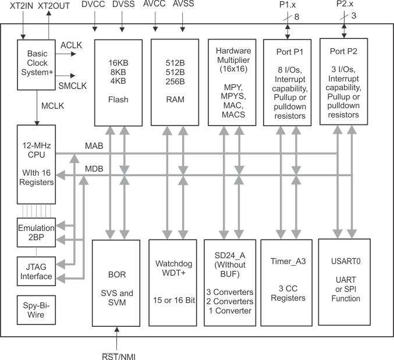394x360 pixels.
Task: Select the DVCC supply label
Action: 94,5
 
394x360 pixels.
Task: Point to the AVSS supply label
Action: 183,5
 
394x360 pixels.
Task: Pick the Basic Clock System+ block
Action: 37,65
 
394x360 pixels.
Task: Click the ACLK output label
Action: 72,45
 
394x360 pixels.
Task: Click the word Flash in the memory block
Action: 118,99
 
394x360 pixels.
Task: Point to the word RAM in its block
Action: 175,99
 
